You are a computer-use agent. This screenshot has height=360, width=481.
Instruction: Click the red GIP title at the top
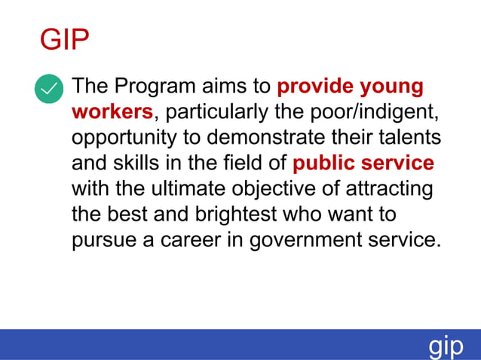pos(64,40)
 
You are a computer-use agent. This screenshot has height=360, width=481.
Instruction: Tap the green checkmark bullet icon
pos(50,90)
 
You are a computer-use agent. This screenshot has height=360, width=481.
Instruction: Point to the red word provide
pos(315,86)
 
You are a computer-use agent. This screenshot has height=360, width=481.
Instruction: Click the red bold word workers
pos(112,112)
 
